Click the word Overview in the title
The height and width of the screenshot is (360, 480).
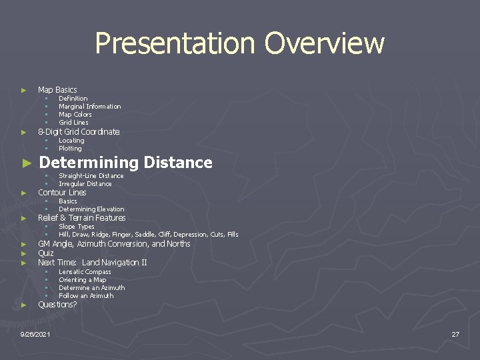point(324,43)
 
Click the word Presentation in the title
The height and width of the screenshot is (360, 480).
point(176,43)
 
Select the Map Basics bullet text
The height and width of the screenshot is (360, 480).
point(57,89)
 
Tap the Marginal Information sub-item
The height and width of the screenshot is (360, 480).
point(89,106)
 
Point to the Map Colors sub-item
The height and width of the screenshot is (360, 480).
point(75,114)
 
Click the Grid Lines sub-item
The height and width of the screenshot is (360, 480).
point(73,122)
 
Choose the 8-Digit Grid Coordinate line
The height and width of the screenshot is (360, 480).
point(79,131)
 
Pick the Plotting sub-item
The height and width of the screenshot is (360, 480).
point(70,148)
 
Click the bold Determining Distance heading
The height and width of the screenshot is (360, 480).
point(125,162)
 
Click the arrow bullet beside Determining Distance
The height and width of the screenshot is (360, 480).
point(26,163)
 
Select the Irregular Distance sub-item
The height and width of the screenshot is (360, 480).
point(85,183)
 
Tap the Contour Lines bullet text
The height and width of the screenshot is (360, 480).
point(62,192)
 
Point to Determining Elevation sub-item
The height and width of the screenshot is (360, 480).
point(91,209)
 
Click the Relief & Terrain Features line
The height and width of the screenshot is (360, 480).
point(81,217)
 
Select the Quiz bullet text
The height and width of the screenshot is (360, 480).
point(46,253)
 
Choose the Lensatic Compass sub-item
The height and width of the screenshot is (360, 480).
point(85,271)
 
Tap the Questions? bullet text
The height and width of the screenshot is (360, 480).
point(57,304)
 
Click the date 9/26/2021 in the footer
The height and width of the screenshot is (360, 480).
point(35,334)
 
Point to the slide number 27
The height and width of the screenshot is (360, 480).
point(455,334)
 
